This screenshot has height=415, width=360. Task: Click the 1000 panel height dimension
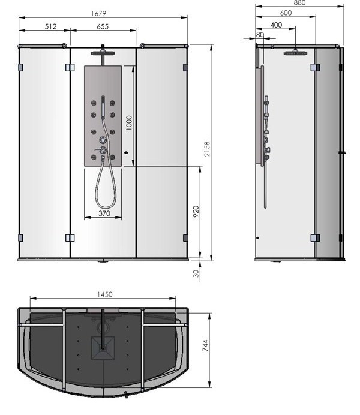(x=128, y=122)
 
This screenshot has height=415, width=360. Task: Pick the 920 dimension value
(x=196, y=213)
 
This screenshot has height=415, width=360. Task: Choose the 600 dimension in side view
(x=286, y=13)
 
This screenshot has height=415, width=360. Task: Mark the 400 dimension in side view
(x=277, y=25)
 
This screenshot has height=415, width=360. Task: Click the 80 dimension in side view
(x=260, y=34)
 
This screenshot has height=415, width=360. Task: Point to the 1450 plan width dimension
(x=104, y=294)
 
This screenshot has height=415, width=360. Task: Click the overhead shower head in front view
(x=104, y=51)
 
